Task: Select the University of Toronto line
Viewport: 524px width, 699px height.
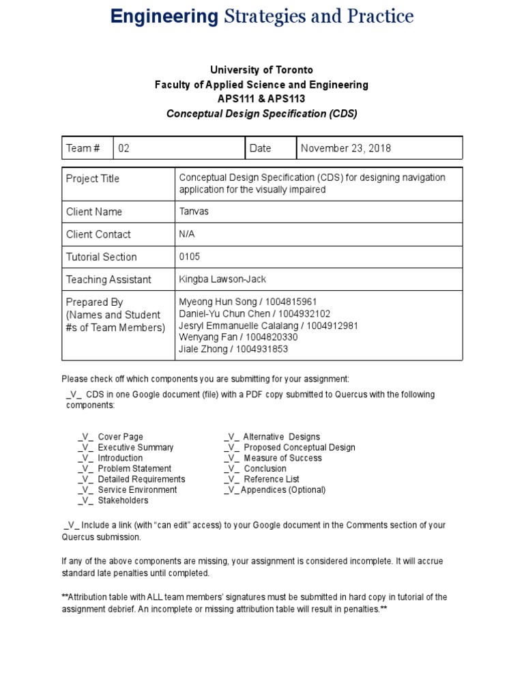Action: (x=262, y=70)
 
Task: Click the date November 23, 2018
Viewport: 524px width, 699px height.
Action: (x=346, y=148)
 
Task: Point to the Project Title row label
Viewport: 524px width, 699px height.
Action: (x=93, y=178)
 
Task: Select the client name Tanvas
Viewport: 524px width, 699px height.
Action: (x=194, y=212)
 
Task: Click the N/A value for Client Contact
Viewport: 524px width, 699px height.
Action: (x=188, y=234)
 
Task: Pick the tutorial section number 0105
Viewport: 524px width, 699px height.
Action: (x=190, y=257)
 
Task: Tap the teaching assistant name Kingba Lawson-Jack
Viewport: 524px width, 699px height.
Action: (x=223, y=279)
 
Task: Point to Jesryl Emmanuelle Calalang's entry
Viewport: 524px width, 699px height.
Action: (x=268, y=325)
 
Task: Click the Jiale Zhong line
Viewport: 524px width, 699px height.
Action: (x=233, y=349)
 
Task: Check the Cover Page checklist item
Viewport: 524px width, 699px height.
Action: (x=120, y=437)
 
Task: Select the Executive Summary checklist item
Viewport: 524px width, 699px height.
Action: (x=135, y=448)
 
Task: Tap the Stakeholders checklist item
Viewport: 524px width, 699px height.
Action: (x=123, y=500)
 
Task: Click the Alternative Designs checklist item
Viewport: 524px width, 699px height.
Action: (x=281, y=437)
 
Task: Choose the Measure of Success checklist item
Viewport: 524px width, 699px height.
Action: (x=282, y=458)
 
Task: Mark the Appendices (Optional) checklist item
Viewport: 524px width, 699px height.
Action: (x=283, y=489)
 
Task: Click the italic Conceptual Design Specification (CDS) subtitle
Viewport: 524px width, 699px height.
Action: (x=262, y=114)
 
